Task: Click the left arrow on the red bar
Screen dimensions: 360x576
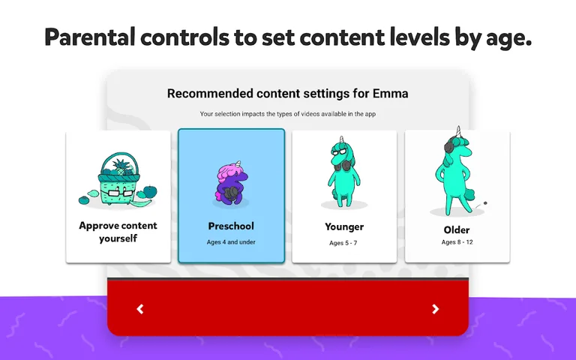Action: click(140, 309)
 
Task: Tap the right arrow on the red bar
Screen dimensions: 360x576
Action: click(436, 309)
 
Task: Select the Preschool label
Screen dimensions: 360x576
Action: click(231, 226)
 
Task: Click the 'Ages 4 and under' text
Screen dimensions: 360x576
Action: click(231, 242)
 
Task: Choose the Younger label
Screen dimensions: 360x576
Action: click(344, 226)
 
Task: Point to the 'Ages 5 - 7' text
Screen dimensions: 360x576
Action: click(344, 243)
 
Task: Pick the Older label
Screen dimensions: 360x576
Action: click(457, 229)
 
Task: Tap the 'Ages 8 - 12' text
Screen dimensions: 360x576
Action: click(457, 242)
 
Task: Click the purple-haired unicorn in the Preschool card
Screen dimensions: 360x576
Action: click(230, 183)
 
